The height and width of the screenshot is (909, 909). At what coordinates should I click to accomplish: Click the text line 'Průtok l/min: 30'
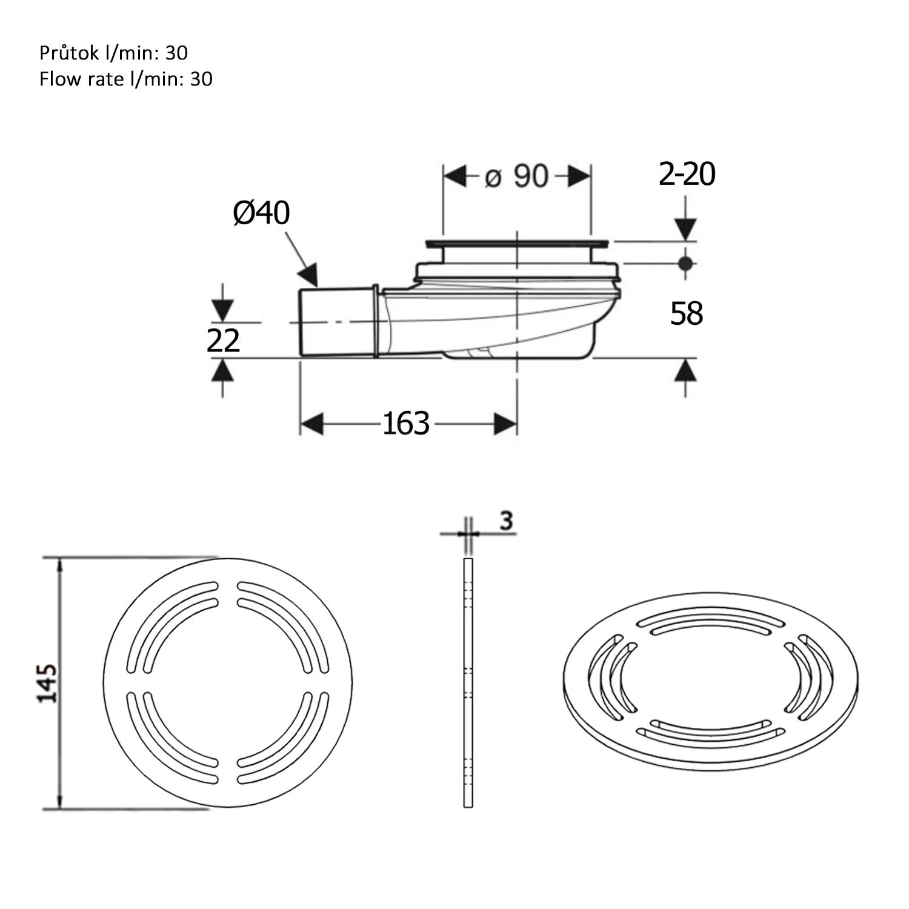pos(113,53)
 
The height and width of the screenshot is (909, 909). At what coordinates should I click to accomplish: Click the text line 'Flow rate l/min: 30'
pos(126,79)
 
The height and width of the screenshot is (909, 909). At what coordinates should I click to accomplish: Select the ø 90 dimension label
pos(516,176)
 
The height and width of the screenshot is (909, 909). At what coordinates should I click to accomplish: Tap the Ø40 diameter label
pos(262,213)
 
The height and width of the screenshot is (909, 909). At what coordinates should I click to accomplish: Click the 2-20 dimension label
pos(687,175)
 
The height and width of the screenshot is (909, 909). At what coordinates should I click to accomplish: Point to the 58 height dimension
pos(686,314)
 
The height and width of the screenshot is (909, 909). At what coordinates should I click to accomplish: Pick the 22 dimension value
pos(223,341)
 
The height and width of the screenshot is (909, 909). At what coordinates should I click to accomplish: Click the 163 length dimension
pos(405,424)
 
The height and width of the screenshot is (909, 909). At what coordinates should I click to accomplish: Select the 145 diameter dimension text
pos(48,683)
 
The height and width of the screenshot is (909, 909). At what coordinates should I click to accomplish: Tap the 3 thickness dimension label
pos(507,520)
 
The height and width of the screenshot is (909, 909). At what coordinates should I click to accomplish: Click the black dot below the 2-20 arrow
pos(685,264)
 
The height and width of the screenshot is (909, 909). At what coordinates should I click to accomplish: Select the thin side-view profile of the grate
pos(468,683)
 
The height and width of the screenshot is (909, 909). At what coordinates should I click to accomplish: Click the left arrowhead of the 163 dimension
pos(312,424)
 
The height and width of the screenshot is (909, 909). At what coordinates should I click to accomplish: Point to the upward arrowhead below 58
pos(685,369)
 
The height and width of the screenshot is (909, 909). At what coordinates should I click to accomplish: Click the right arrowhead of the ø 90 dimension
pos(579,176)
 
